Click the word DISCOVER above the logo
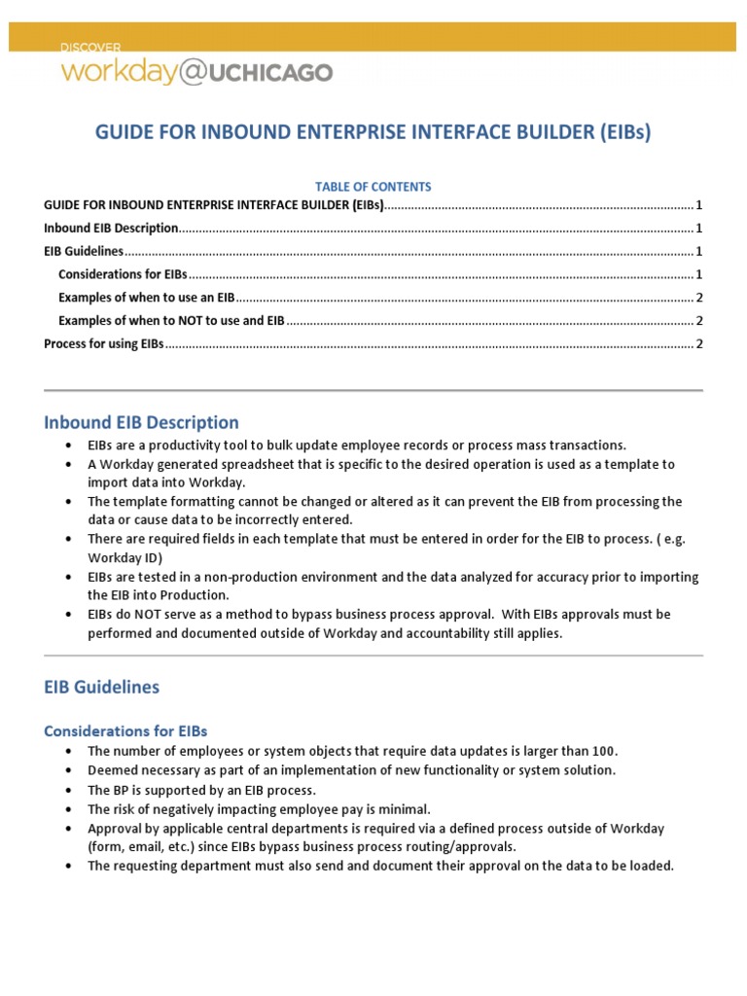pos(90,47)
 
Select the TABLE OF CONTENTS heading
pos(373,186)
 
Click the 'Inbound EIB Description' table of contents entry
pos(111,228)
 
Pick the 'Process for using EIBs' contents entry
pos(104,344)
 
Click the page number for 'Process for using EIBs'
pos(699,344)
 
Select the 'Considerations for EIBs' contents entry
pos(123,274)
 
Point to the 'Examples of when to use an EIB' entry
pos(146,298)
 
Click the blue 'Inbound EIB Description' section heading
pos(141,422)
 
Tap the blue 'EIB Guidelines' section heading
pos(102,687)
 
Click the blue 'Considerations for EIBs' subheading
pos(125,730)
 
